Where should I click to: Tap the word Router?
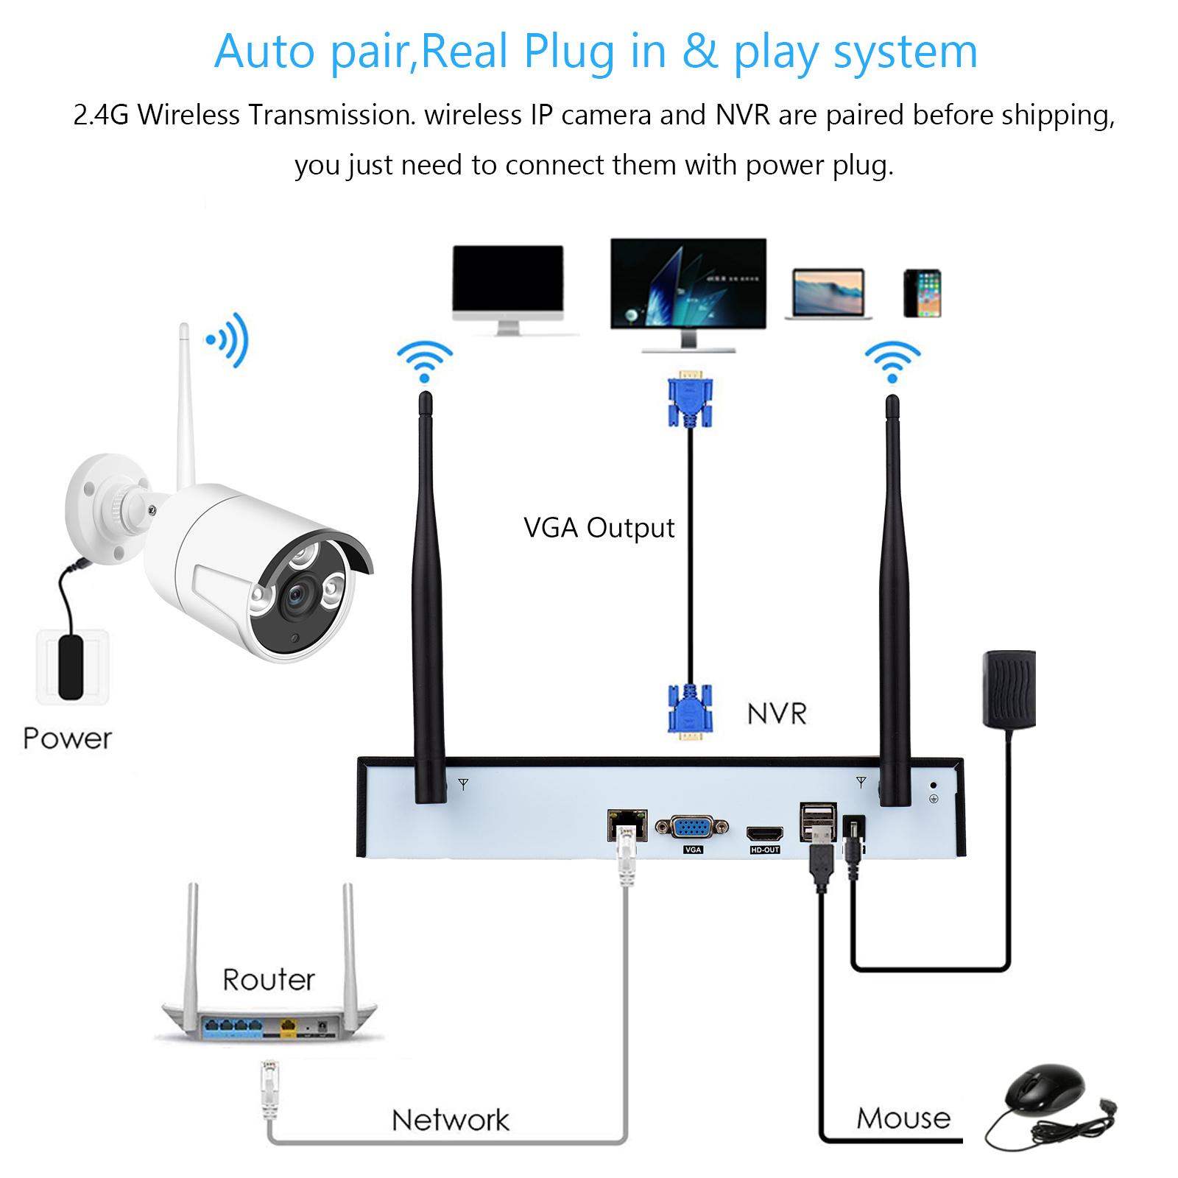coord(269,980)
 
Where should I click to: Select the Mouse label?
coord(903,1118)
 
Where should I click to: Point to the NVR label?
coord(777,713)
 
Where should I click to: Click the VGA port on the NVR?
coord(691,828)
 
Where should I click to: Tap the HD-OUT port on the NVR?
coord(765,834)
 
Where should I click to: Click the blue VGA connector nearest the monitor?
coord(690,401)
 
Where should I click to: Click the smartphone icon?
coord(923,294)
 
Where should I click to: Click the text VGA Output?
coord(599,528)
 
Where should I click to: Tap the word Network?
coord(450,1120)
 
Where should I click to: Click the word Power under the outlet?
coord(68,738)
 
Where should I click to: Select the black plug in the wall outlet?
coord(72,666)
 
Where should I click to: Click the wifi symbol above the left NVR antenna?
coord(425,361)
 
